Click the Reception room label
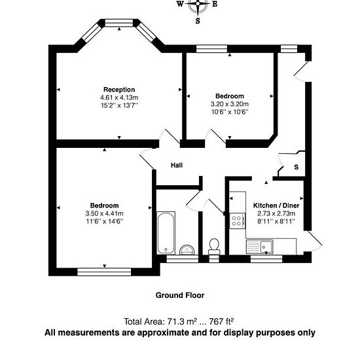(x=119, y=89)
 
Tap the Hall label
(x=177, y=165)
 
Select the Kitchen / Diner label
(x=276, y=206)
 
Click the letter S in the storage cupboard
(x=297, y=167)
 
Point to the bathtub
(x=166, y=233)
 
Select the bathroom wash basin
(x=187, y=250)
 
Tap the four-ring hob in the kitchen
(x=238, y=221)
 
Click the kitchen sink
(x=259, y=247)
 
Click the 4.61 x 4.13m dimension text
(x=119, y=98)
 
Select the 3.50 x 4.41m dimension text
(x=104, y=213)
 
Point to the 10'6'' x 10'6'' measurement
(x=230, y=112)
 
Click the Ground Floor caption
(x=180, y=295)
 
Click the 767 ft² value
(x=221, y=321)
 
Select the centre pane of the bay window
(x=119, y=23)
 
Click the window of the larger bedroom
(x=104, y=272)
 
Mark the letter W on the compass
(x=180, y=4)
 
